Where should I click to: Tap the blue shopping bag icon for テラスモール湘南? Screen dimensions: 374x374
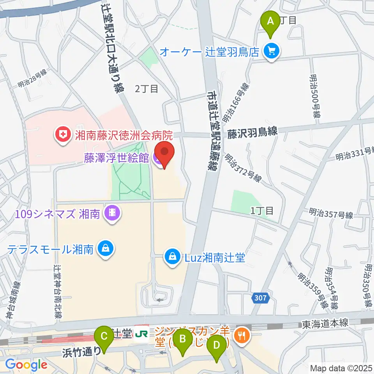click(105, 248)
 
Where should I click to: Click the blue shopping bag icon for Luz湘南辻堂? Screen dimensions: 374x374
click(171, 257)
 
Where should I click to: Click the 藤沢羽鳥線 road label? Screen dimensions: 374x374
click(252, 132)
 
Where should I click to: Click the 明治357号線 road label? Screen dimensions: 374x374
click(331, 214)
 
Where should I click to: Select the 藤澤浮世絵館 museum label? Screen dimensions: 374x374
click(117, 159)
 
